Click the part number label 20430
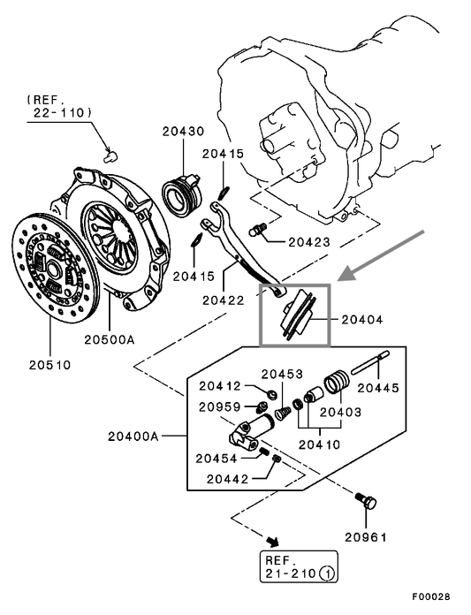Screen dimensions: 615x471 click(x=183, y=132)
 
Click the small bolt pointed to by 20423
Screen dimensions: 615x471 click(x=258, y=230)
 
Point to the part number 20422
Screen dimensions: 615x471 click(x=224, y=300)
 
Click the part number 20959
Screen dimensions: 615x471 click(x=221, y=406)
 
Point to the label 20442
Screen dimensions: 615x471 click(x=229, y=478)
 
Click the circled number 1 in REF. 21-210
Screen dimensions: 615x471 click(x=329, y=573)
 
